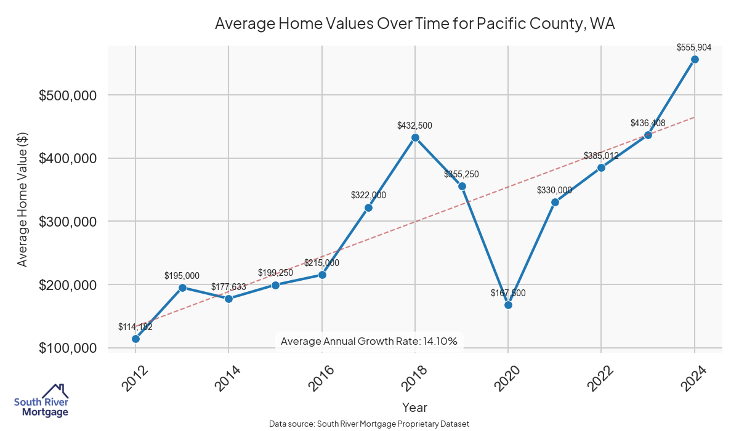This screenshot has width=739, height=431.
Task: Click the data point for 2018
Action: pos(415,137)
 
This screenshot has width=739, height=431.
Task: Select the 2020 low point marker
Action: pos(508,305)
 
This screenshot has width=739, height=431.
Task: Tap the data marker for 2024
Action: pos(695,59)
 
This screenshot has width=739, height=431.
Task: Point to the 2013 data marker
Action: pos(182,288)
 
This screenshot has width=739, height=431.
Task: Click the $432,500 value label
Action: pos(415,126)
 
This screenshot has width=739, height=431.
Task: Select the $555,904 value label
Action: pos(694,47)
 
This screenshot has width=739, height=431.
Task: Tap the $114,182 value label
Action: pos(135,327)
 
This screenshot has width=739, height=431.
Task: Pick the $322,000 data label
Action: pos(368,195)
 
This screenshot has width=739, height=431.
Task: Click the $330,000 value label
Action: pos(554,190)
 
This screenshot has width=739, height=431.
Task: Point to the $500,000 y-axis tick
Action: pos(68,95)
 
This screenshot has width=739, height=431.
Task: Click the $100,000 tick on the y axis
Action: pos(68,348)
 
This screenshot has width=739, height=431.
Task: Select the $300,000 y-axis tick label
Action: pos(68,222)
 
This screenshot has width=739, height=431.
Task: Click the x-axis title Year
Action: pos(414,407)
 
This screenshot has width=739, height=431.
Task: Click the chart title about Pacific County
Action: pos(415,24)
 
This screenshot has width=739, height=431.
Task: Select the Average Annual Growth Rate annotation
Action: pos(369,341)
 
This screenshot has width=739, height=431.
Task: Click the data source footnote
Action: pos(369,424)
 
